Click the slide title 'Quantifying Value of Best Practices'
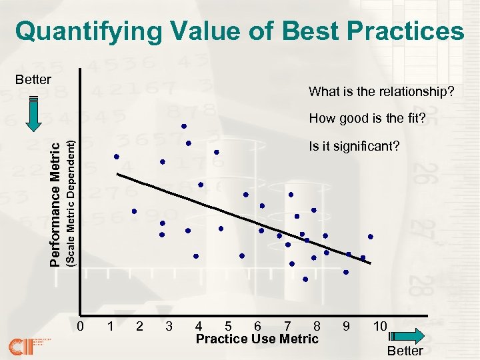pos(240,31)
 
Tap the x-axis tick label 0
pos(80,327)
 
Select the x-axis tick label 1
pos(109,327)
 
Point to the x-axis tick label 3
pos(169,327)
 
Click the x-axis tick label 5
pos(229,327)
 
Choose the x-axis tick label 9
pos(345,327)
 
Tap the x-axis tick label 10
pos(380,327)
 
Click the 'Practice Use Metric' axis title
pos(257,339)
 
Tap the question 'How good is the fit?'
pos(367,119)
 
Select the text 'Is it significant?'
pos(353,146)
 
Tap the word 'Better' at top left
pos(33,80)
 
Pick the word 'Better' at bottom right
pos(405,351)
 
